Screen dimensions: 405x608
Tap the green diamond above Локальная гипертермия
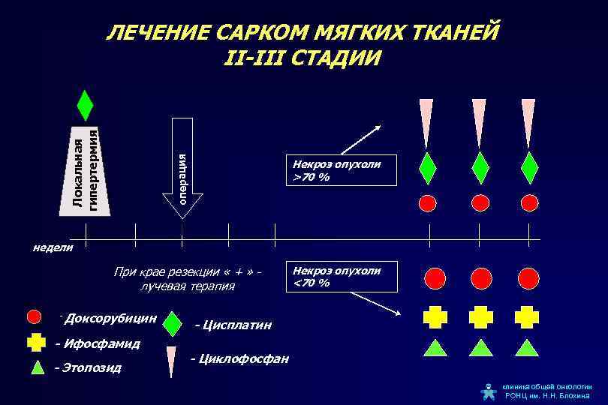point(85,105)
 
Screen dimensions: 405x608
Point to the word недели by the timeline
point(53,247)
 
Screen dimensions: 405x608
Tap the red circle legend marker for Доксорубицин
point(35,316)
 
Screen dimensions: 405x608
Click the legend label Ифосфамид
point(98,343)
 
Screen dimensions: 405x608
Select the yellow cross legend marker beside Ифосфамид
point(35,343)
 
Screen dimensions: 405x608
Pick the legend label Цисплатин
point(233,325)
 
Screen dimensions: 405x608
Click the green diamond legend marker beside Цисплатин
point(172,324)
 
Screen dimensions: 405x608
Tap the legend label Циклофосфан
point(239,358)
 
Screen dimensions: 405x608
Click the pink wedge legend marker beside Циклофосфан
point(172,360)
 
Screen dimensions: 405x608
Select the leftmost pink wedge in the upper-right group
point(426,120)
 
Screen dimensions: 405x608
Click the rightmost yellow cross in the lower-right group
point(528,317)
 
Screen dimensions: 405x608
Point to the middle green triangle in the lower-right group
point(480,346)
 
